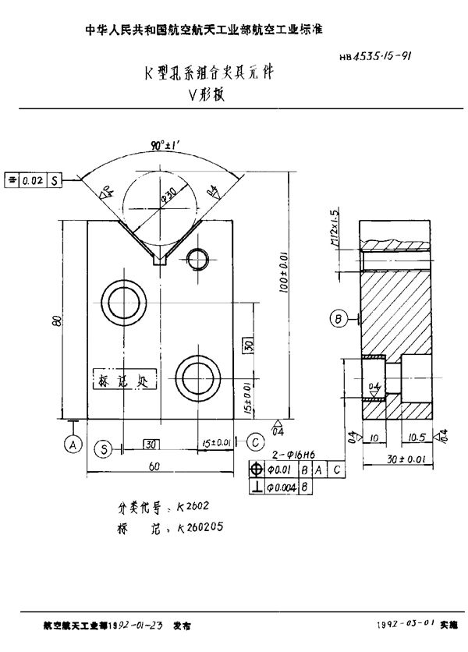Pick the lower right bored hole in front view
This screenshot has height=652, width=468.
[198, 372]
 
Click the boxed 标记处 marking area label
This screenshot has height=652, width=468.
[126, 380]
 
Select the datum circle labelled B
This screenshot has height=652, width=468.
[339, 318]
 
